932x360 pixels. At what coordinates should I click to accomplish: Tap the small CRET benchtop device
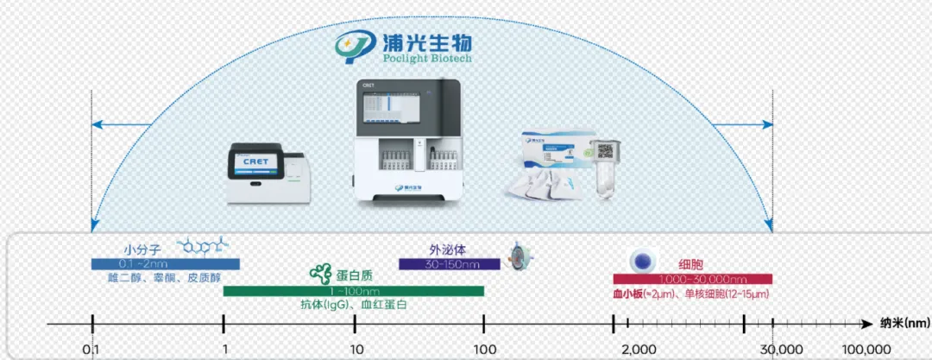point(268,173)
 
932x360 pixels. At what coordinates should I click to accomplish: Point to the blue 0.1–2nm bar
point(166,263)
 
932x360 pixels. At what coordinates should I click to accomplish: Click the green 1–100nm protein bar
point(353,291)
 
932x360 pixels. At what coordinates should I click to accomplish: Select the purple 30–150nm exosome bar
point(449,263)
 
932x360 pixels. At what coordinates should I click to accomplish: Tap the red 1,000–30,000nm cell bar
point(692,279)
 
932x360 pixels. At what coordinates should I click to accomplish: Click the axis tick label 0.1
point(91,348)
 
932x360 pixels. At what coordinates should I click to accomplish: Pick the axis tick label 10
point(355,348)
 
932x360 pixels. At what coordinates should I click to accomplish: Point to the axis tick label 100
point(484,348)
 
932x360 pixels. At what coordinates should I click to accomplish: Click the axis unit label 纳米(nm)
point(904,324)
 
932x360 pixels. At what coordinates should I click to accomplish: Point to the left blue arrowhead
point(98,125)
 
